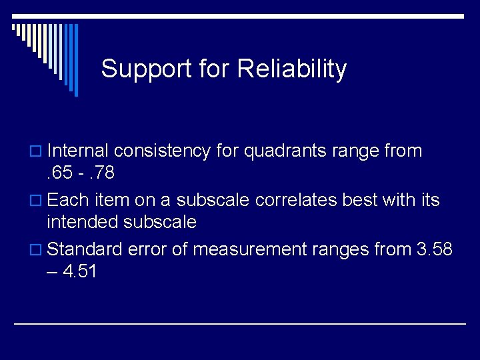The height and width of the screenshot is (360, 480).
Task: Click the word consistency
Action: (165, 151)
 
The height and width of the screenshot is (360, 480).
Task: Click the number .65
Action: (60, 173)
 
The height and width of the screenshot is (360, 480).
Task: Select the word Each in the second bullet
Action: (65, 200)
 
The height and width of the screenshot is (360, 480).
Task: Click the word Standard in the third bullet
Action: (85, 249)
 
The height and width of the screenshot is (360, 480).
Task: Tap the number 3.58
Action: (433, 249)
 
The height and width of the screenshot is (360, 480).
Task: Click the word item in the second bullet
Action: (109, 200)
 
